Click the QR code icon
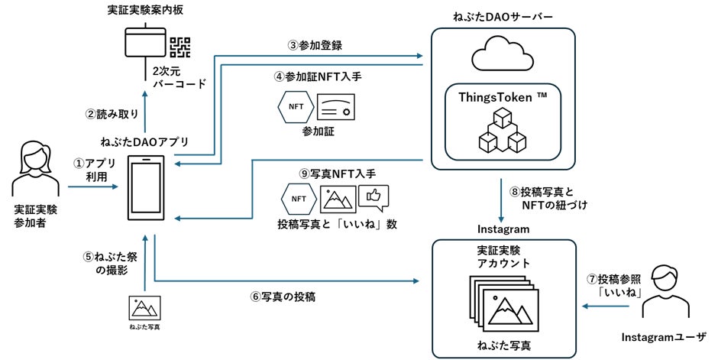click(179, 47)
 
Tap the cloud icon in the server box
click(502, 58)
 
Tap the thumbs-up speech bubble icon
click(374, 199)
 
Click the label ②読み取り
click(112, 115)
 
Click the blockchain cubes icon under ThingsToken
click(502, 131)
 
